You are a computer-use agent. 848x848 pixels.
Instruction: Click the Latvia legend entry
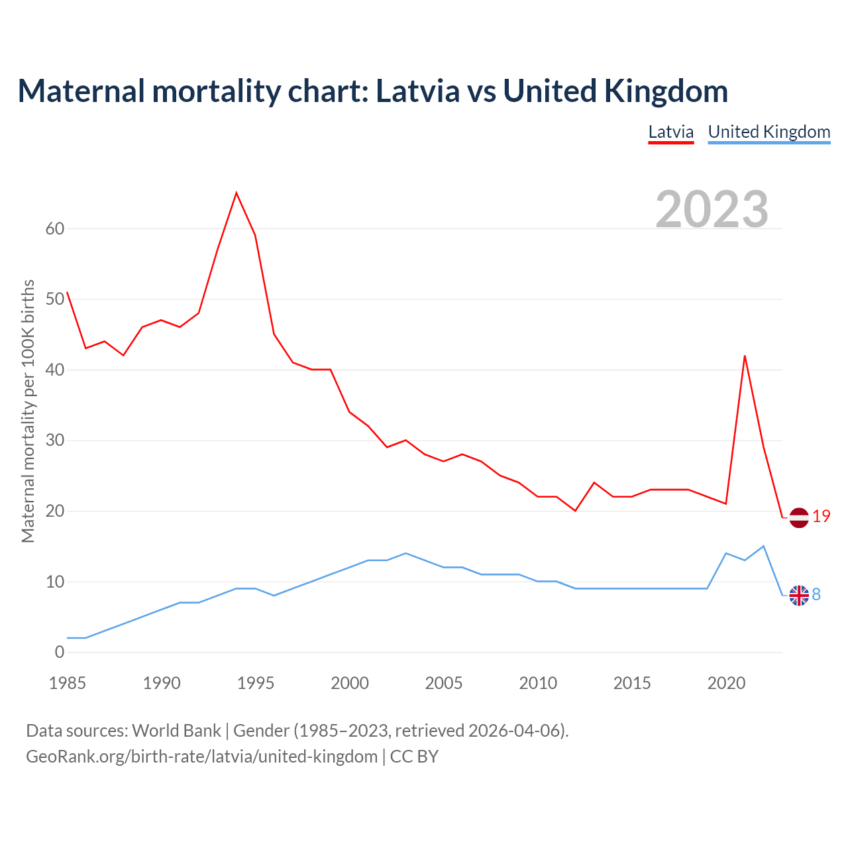[x=670, y=132]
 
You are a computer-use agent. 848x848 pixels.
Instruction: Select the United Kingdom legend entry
[x=768, y=132]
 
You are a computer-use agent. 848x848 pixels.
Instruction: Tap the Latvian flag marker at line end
[x=799, y=517]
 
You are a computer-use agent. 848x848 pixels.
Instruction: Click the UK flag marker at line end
[x=799, y=596]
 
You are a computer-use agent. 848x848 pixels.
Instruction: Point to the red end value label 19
[x=821, y=517]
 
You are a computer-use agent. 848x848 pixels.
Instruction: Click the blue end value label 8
[x=816, y=595]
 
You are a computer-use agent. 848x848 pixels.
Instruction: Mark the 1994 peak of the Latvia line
[x=237, y=193]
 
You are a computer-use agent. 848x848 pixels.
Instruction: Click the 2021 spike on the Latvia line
[x=745, y=356]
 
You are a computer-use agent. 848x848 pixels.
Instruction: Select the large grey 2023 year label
[x=712, y=209]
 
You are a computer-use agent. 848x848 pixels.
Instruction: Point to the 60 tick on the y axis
[x=55, y=229]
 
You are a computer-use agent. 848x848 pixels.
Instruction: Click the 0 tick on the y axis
[x=60, y=653]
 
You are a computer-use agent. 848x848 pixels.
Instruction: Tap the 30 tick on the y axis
[x=55, y=441]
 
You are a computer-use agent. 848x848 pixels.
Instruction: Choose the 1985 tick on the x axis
[x=68, y=683]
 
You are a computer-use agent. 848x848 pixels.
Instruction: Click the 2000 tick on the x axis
[x=350, y=683]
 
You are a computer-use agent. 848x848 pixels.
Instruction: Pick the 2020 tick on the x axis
[x=726, y=683]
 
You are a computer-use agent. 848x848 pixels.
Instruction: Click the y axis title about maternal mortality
[x=28, y=411]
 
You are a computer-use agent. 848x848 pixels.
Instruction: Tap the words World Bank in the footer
[x=176, y=731]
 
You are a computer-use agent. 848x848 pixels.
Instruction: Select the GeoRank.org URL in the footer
[x=201, y=757]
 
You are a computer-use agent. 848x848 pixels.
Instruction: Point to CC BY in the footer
[x=414, y=757]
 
